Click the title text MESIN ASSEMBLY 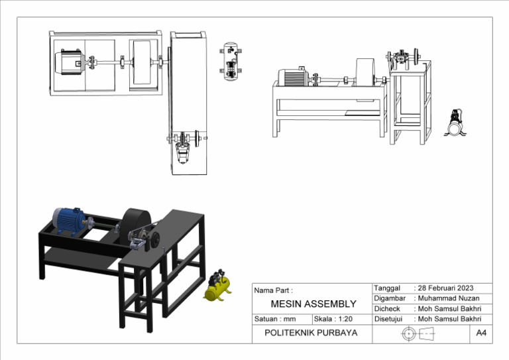[313, 304]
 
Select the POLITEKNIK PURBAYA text [311, 333]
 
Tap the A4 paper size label [481, 333]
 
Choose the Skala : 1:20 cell [333, 319]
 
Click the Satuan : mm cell [275, 319]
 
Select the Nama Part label [273, 290]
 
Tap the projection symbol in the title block [417, 333]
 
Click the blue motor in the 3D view [69, 221]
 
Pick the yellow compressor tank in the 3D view [217, 288]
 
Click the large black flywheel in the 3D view [137, 223]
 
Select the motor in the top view [69, 64]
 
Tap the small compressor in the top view [231, 59]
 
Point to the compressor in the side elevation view [455, 123]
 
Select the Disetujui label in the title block [390, 319]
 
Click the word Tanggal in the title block [388, 288]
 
